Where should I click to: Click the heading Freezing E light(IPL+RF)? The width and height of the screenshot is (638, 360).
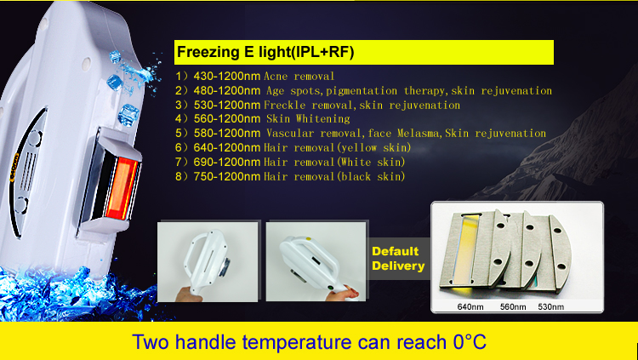pyautogui.click(x=265, y=53)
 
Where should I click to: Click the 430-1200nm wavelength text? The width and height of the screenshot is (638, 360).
pyautogui.click(x=226, y=76)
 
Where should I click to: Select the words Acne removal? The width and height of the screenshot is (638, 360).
pyautogui.click(x=299, y=76)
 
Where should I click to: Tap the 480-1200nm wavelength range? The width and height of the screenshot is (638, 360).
pyautogui.click(x=226, y=91)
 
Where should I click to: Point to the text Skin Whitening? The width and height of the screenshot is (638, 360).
pyautogui.click(x=308, y=119)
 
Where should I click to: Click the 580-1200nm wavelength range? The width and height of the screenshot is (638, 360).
pyautogui.click(x=226, y=133)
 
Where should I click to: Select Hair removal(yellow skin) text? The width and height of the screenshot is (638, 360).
pyautogui.click(x=338, y=148)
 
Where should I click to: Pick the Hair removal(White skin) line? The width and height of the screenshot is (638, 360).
pyautogui.click(x=334, y=162)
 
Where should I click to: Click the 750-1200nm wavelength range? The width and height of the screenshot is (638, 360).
pyautogui.click(x=226, y=176)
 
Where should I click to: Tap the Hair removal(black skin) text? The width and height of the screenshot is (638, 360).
pyautogui.click(x=334, y=176)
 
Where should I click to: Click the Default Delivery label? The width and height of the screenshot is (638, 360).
pyautogui.click(x=398, y=259)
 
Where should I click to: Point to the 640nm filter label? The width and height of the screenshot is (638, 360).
pyautogui.click(x=470, y=306)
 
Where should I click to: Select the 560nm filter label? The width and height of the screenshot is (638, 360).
pyautogui.click(x=513, y=306)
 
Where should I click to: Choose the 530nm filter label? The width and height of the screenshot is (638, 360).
pyautogui.click(x=551, y=306)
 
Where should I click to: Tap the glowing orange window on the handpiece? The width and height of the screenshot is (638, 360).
pyautogui.click(x=122, y=188)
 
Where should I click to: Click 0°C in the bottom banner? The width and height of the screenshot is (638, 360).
pyautogui.click(x=470, y=341)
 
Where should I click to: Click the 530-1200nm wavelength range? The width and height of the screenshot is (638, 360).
pyautogui.click(x=226, y=105)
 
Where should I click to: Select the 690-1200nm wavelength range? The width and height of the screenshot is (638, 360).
pyautogui.click(x=226, y=162)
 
